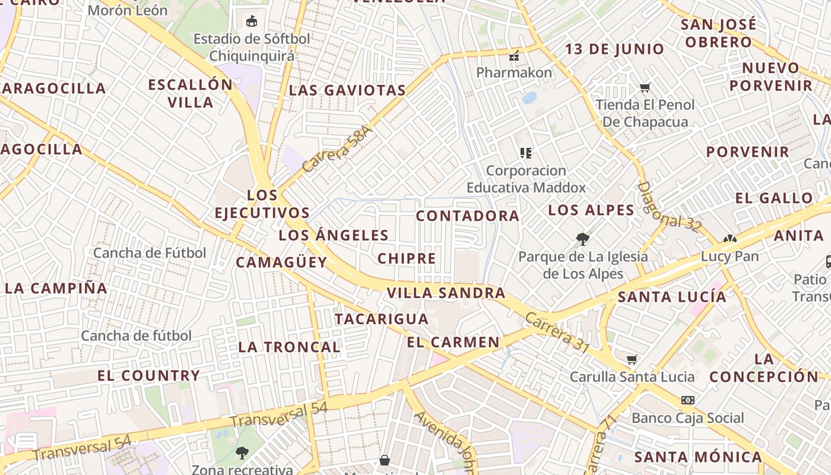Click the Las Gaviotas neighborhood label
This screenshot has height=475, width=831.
[x=347, y=90]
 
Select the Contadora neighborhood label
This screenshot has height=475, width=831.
[x=468, y=216]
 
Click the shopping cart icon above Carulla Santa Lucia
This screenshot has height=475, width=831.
[x=632, y=360]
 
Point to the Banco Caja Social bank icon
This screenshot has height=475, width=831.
[x=687, y=400]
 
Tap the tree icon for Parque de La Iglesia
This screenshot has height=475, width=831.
[x=583, y=239]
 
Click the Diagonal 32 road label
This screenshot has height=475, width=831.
[x=669, y=207]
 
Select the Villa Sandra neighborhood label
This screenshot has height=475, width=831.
[x=446, y=293]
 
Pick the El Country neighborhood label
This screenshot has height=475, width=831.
[x=148, y=375]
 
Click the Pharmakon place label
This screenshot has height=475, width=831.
[x=514, y=72]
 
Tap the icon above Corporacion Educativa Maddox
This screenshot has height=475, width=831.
[x=525, y=153]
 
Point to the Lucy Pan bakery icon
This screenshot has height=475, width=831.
[x=729, y=239]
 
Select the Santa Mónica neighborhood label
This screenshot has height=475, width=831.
[x=698, y=457]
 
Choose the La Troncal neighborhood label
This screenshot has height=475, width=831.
[x=289, y=347]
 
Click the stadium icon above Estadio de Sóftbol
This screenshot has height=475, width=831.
[x=252, y=21]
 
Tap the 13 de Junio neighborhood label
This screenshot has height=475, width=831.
[x=614, y=49]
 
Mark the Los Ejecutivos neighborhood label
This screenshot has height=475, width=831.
[x=262, y=204]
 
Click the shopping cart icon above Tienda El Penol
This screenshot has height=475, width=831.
[x=645, y=87]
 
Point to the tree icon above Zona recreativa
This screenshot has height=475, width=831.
[x=242, y=453]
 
